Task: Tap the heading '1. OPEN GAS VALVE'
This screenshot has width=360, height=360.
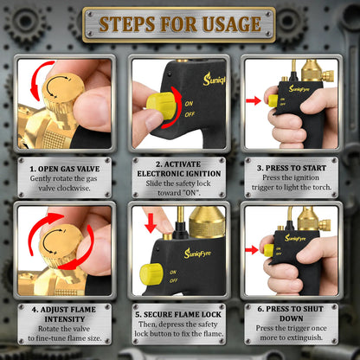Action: (x=65, y=169)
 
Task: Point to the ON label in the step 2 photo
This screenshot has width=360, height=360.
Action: (x=190, y=103)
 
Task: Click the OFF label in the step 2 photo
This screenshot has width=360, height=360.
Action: (x=190, y=114)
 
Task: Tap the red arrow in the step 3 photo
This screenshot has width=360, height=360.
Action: (x=254, y=100)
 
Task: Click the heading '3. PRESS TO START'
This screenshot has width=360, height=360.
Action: (x=292, y=168)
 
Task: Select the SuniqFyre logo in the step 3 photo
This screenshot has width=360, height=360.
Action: (x=299, y=88)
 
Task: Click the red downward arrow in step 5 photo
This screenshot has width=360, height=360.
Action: (x=151, y=223)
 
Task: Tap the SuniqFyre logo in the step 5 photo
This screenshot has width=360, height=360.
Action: (x=197, y=253)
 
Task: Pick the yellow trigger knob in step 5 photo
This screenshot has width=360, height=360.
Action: (x=151, y=273)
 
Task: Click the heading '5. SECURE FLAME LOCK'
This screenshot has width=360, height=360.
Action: (x=178, y=314)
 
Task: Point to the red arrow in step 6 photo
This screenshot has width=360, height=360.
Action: (x=252, y=250)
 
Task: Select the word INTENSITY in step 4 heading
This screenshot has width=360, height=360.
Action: (x=65, y=319)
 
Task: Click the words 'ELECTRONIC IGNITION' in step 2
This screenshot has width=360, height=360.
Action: (x=179, y=174)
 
